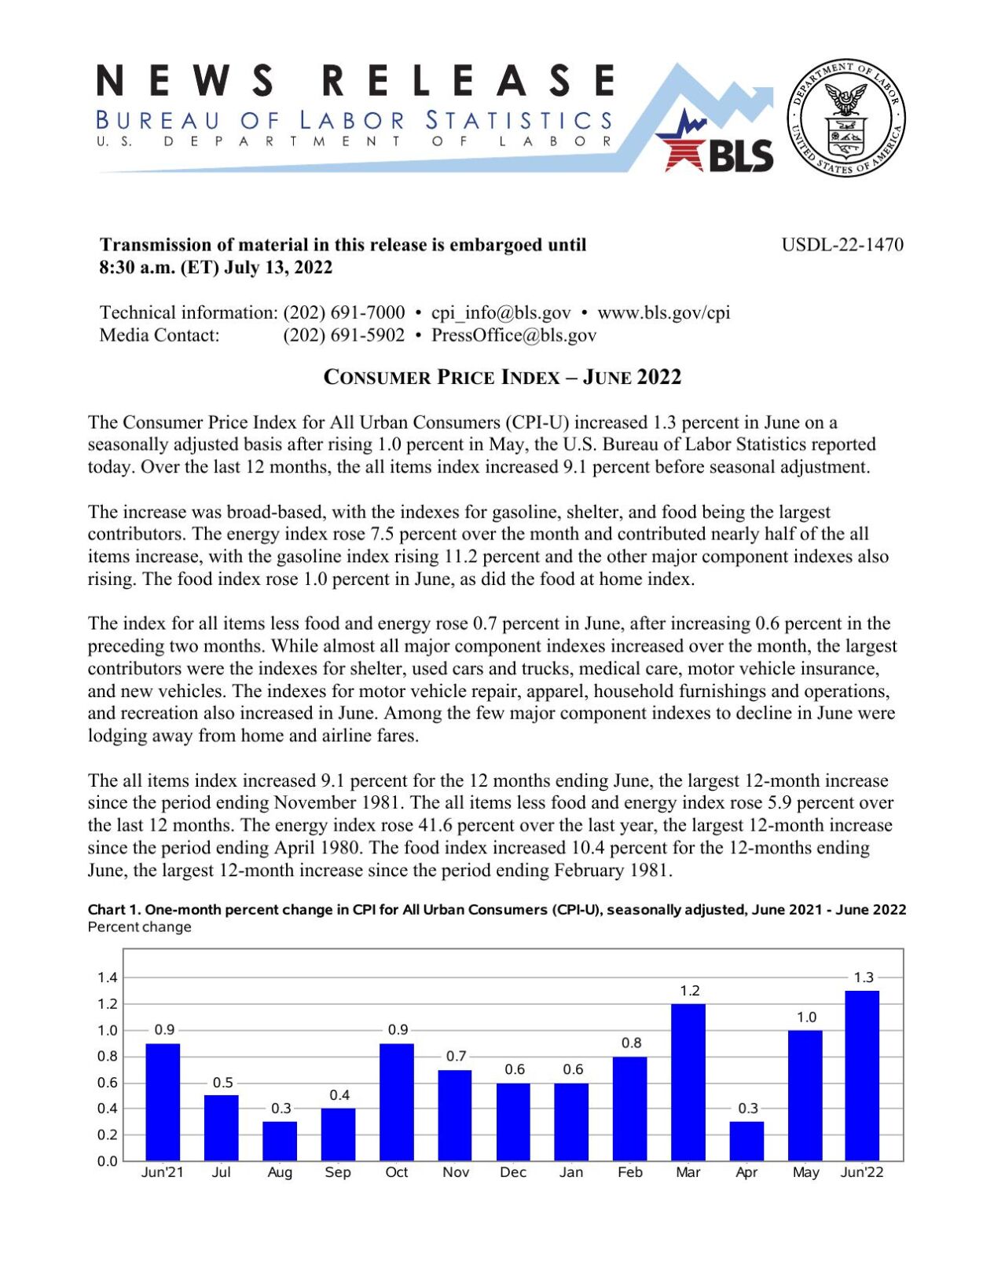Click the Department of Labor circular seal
845,118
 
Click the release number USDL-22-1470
842,245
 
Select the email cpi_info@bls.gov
501,312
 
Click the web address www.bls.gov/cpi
663,312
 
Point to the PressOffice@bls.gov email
514,335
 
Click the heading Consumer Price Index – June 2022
502,378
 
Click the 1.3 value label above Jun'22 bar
863,977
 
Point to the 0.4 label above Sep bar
339,1095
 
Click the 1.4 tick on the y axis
108,977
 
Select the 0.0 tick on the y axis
108,1161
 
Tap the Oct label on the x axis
397,1172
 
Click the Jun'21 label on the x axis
163,1172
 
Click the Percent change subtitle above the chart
139,927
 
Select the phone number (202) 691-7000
344,312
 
